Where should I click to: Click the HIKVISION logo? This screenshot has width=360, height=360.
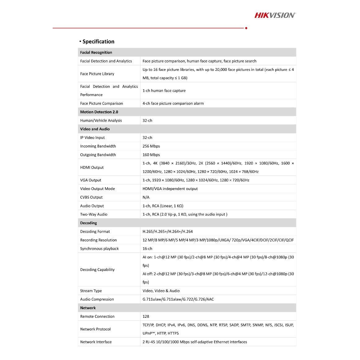275,15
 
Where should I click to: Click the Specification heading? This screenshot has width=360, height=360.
98,42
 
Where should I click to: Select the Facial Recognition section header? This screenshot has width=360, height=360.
96,52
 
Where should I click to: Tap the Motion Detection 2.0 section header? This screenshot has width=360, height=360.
99,112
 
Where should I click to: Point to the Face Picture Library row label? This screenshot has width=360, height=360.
97,74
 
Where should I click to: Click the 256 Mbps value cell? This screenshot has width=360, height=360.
151,146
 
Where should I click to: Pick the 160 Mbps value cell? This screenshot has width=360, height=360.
151,155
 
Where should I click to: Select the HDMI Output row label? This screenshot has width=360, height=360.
92,168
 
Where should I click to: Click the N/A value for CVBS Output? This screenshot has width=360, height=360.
146,197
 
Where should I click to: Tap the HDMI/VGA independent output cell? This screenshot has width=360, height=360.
170,189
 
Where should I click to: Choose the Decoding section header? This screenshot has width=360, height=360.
88,223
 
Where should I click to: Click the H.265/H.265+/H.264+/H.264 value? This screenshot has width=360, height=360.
168,232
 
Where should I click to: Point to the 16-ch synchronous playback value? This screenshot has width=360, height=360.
147,249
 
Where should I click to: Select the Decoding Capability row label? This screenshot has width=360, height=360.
97,270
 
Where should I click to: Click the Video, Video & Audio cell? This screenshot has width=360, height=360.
161,291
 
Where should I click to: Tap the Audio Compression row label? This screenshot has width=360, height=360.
97,299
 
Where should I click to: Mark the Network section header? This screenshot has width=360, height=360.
88,308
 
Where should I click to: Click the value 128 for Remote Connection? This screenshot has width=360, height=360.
146,317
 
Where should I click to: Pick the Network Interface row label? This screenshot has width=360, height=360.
96,342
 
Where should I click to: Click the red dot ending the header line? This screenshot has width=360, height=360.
246,28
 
